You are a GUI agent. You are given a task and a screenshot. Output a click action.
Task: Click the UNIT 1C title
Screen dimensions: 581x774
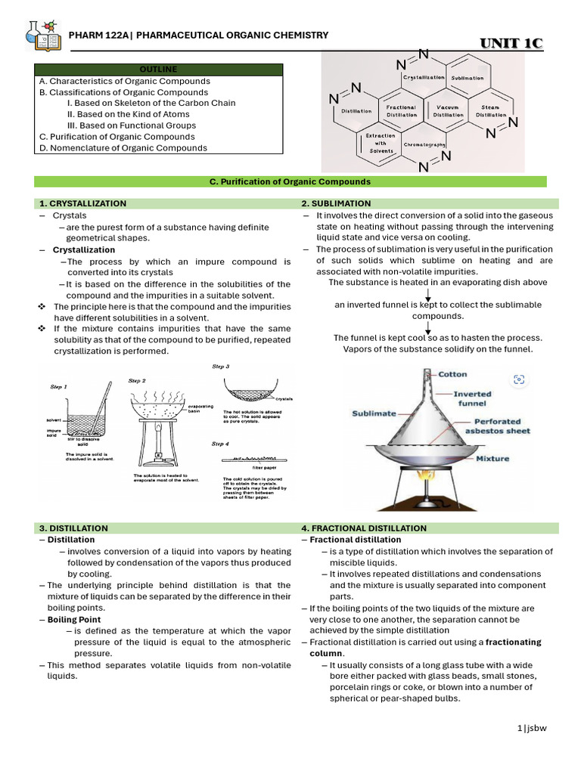511,44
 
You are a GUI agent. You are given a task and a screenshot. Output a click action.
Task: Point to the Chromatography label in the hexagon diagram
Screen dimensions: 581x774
424,144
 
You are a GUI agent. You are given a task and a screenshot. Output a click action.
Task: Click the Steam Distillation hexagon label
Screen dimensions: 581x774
489,111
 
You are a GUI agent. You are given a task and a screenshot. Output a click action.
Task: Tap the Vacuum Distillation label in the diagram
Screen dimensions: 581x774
448,111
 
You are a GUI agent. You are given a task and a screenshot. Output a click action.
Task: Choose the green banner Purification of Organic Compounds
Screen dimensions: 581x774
290,182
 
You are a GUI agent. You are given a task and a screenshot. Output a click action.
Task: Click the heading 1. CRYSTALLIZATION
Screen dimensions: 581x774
83,203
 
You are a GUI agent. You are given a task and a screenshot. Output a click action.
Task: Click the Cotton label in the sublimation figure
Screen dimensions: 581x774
452,374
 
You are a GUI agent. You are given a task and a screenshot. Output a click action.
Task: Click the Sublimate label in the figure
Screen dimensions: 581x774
374,413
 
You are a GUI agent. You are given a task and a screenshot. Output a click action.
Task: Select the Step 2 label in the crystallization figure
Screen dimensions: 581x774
137,380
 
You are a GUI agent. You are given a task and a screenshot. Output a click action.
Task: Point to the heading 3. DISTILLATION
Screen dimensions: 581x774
73,528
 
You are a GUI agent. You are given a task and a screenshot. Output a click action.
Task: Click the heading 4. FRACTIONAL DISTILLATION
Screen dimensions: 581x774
363,528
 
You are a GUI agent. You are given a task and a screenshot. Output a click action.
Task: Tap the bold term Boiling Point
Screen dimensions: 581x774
74,619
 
